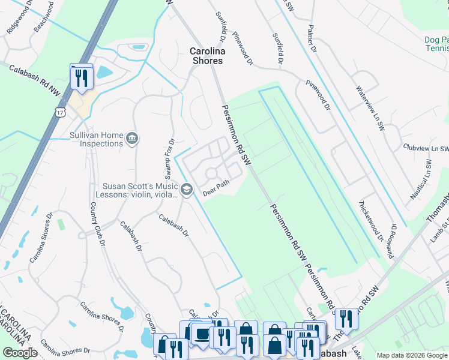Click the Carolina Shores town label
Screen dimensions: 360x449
point(206,56)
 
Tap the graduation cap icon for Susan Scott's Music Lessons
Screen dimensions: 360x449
point(187,190)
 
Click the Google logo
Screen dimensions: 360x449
point(20,352)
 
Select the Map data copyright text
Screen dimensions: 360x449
point(411,356)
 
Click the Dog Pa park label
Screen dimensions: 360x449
point(436,40)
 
